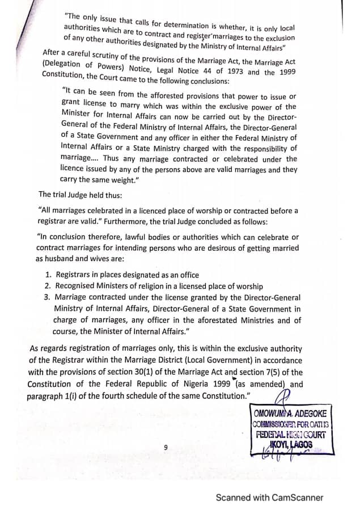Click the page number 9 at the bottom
point(166,447)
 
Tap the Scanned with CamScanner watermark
point(269,498)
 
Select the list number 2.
point(48,286)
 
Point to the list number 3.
point(48,297)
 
